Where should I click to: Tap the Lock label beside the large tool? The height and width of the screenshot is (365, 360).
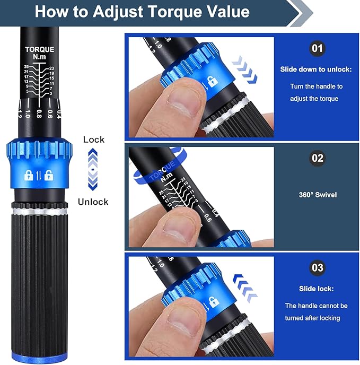click(x=94, y=140)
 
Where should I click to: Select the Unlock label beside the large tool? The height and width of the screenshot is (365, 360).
click(x=93, y=202)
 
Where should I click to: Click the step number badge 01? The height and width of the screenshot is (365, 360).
click(x=317, y=49)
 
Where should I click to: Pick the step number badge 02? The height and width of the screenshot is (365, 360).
click(x=317, y=158)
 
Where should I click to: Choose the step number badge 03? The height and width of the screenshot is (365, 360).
click(x=317, y=267)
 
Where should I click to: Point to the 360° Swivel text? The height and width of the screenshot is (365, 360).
click(x=317, y=195)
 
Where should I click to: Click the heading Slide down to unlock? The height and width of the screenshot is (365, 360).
click(x=317, y=69)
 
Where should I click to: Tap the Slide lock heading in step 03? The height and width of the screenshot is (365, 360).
click(x=316, y=289)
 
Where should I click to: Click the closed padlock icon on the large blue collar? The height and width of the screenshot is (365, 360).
click(x=29, y=175)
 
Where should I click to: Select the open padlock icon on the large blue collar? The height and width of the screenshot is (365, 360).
click(x=48, y=175)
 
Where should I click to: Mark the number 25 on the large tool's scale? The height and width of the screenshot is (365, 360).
click(x=26, y=66)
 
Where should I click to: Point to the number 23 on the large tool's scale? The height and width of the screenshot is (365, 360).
click(x=51, y=68)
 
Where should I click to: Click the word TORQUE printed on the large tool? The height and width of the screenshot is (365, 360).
click(x=39, y=49)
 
